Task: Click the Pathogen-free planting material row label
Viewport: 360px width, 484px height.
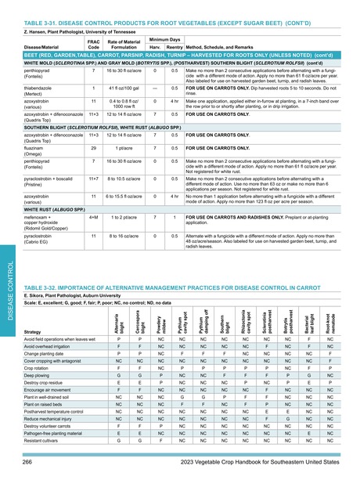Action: pyautogui.click(x=54, y=432)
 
